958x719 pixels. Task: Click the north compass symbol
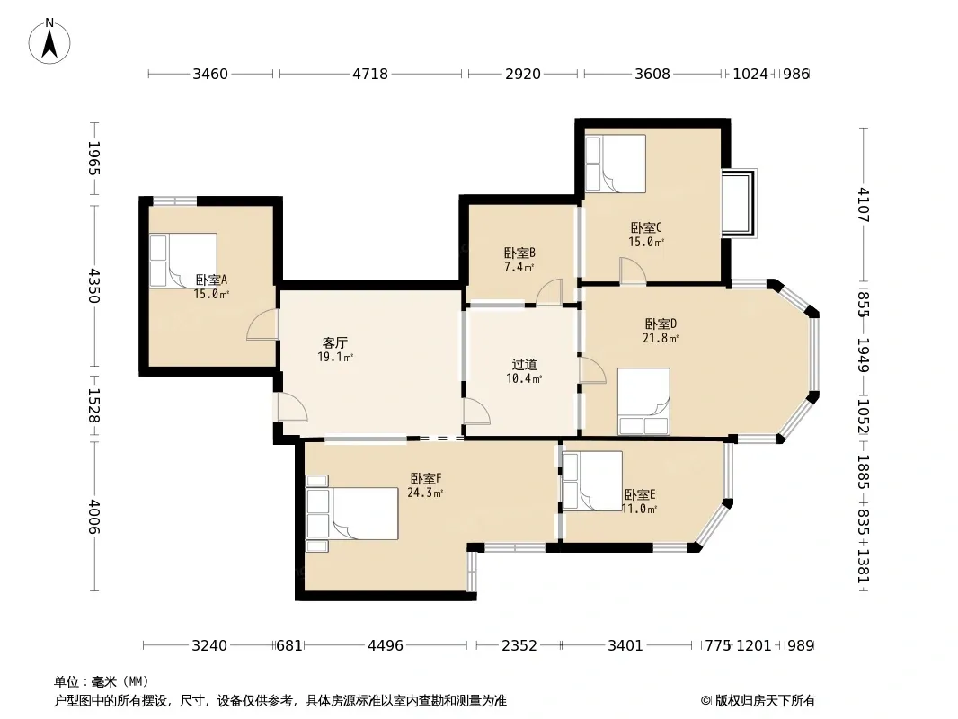coord(49,41)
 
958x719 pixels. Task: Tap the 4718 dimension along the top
coord(370,74)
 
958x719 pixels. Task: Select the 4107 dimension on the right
coord(863,205)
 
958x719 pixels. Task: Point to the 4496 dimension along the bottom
coord(386,645)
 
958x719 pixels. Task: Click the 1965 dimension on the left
coord(94,158)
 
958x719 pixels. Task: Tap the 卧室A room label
coord(211,280)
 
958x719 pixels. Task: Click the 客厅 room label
coord(335,342)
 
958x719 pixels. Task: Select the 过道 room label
coord(524,365)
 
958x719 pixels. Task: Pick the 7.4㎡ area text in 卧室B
coord(519,267)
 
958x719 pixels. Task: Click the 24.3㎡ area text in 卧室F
coord(425,493)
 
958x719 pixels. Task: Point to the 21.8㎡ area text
coord(661,338)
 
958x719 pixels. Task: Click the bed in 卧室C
coord(616,164)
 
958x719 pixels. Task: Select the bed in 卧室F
coord(352,514)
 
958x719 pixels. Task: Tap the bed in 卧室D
coord(643,402)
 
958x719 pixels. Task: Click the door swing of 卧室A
coord(262,324)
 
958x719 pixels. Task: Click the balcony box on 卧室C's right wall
coord(740,203)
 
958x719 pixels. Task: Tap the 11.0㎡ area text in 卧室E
coord(639,509)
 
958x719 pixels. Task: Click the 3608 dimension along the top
coord(652,74)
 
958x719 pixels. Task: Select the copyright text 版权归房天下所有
coord(765,701)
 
